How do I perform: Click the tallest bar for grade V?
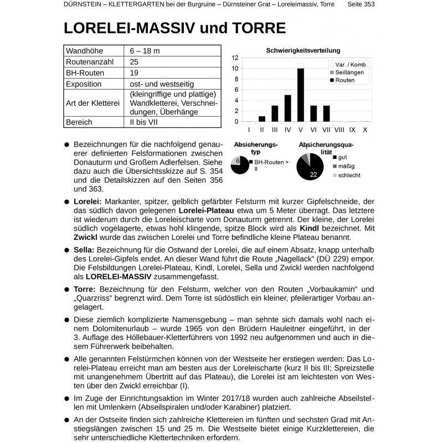click(x=301, y=95)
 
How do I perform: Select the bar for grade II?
click(x=262, y=119)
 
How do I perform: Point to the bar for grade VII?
click(x=326, y=114)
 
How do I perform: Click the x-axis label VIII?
click(x=339, y=130)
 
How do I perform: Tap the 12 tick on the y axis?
click(x=235, y=58)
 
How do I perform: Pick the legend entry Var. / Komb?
click(x=351, y=65)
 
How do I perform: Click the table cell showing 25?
click(x=134, y=62)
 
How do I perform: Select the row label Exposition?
click(x=84, y=84)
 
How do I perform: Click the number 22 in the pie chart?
click(x=313, y=174)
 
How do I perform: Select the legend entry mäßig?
click(x=346, y=166)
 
